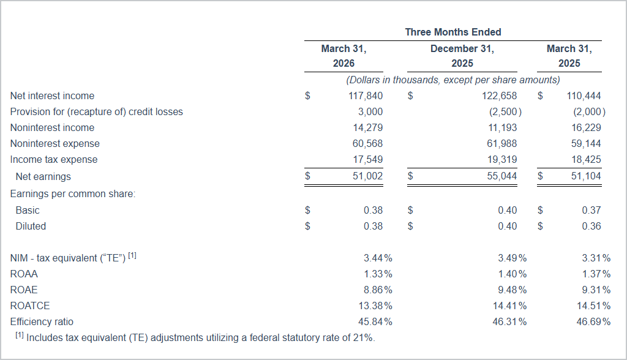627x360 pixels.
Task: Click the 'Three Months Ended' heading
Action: (452, 32)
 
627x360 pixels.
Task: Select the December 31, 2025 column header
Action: (462, 56)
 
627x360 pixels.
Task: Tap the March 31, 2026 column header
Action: (344, 56)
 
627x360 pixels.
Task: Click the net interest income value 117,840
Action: (366, 96)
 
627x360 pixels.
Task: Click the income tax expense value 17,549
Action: (368, 159)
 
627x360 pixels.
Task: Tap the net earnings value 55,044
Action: (500, 176)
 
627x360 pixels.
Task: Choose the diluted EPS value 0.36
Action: (591, 226)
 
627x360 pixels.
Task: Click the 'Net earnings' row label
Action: (43, 176)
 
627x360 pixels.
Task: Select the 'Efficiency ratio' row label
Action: (42, 321)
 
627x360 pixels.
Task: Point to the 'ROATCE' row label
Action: (30, 306)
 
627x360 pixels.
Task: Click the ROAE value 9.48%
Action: (512, 290)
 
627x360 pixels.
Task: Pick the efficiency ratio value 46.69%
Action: (593, 321)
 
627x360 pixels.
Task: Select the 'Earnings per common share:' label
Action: (73, 193)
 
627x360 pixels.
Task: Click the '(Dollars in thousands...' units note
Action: (452, 80)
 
